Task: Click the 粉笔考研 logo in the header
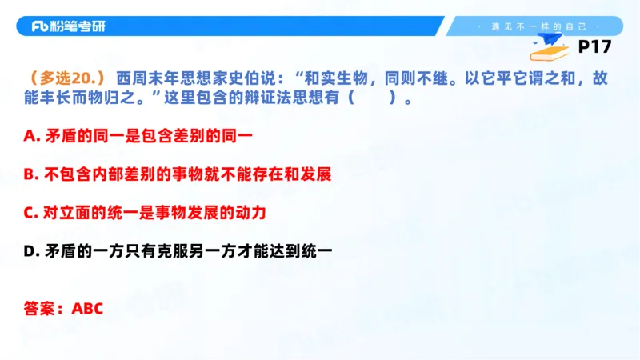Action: (x=68, y=26)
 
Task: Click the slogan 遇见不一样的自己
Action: (x=531, y=26)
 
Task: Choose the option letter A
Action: (x=30, y=136)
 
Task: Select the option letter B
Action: (x=30, y=174)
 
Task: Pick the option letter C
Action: (x=30, y=213)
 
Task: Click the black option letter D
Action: (x=30, y=251)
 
